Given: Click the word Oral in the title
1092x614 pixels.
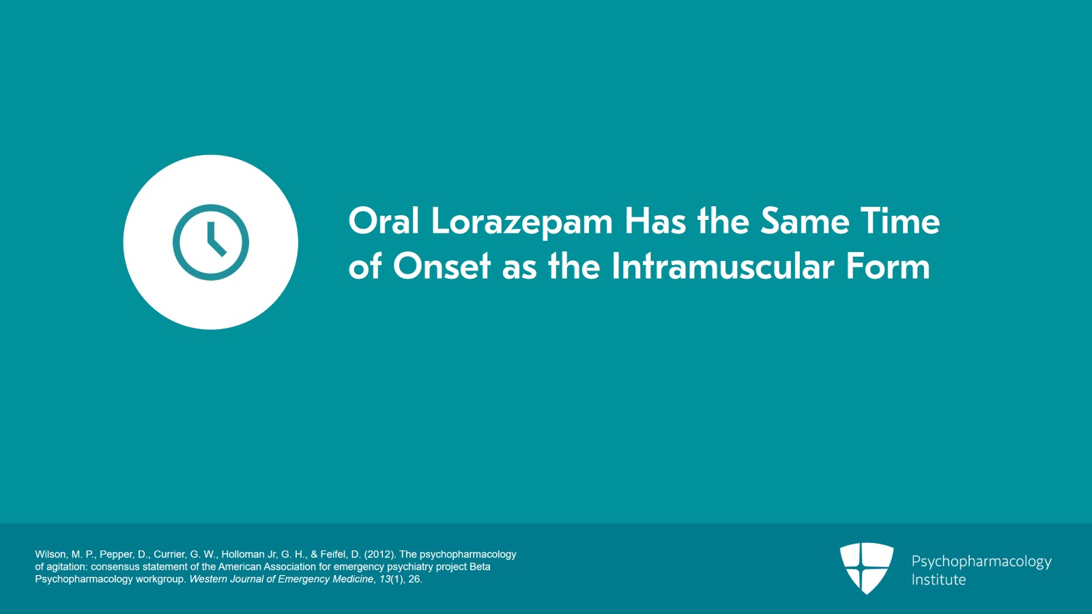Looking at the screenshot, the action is click(384, 221).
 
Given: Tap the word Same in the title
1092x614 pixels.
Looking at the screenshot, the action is click(805, 221).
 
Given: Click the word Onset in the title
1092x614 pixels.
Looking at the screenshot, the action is click(442, 266).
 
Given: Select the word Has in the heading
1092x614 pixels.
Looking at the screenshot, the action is click(655, 221).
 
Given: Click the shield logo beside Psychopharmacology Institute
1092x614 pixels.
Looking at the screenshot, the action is click(867, 568).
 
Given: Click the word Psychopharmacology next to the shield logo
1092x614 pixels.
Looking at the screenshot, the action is click(981, 562).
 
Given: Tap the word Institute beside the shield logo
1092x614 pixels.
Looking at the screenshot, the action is click(938, 579).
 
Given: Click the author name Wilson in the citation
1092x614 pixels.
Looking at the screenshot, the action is click(51, 555).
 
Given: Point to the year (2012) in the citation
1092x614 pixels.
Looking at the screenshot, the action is click(379, 555).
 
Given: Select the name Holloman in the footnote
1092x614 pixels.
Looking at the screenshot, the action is click(243, 555).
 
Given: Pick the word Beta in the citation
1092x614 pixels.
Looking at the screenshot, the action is click(480, 567).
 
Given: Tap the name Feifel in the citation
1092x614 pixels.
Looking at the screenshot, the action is click(334, 555).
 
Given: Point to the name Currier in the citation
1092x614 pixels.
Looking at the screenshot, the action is click(170, 555).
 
